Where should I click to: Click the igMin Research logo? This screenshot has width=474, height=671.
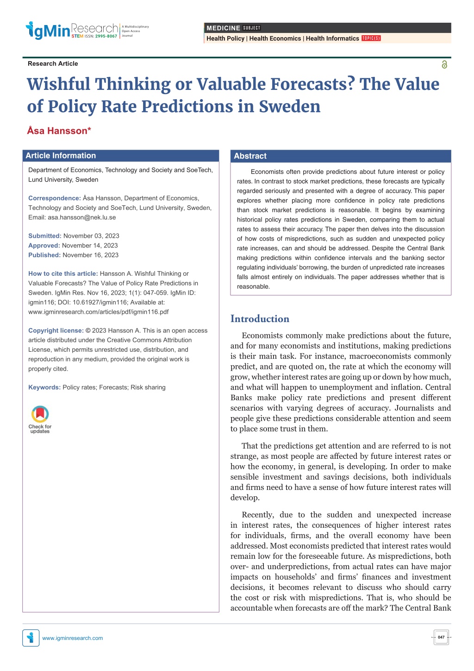(x=87, y=30)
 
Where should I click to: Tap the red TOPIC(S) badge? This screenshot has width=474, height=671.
(x=371, y=38)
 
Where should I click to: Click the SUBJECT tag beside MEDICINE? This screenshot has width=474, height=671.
(x=251, y=28)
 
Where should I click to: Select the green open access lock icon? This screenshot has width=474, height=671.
(x=444, y=64)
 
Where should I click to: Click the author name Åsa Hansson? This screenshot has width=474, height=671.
(x=59, y=131)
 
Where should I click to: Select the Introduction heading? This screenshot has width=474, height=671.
(x=260, y=319)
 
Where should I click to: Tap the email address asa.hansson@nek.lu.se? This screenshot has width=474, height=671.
(x=81, y=217)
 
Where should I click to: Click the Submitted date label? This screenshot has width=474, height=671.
(x=44, y=236)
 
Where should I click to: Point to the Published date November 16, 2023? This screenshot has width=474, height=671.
(x=90, y=255)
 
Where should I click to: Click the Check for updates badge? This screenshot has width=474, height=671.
(x=40, y=419)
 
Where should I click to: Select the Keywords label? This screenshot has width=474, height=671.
(x=44, y=387)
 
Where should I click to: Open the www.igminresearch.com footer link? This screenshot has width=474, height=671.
(x=72, y=638)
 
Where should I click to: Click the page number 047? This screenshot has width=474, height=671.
(x=441, y=637)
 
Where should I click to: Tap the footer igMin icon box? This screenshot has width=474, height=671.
(x=31, y=638)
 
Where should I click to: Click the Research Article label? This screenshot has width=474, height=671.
(x=53, y=63)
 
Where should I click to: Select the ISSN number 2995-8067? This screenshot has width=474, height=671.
(x=106, y=36)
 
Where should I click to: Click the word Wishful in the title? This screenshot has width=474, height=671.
(x=58, y=84)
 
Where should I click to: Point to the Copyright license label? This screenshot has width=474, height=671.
(x=56, y=330)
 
